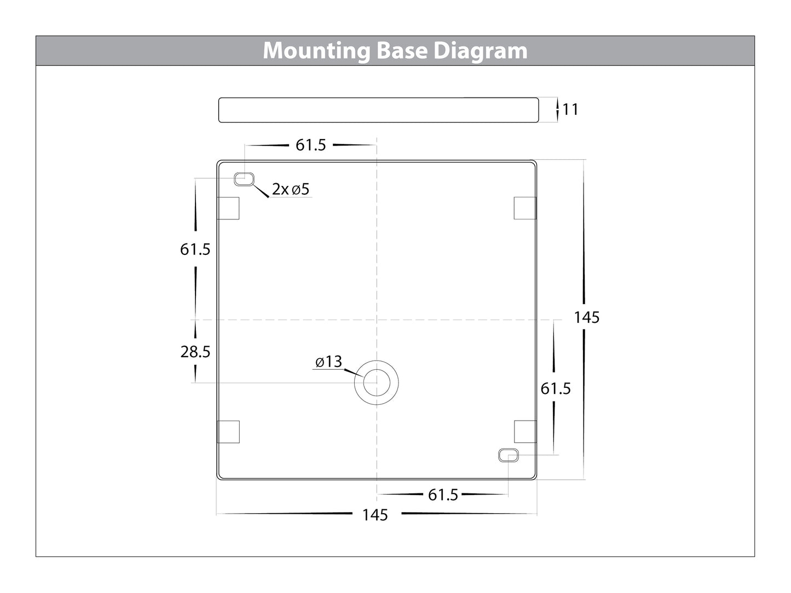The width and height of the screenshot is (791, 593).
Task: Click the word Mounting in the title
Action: [317, 51]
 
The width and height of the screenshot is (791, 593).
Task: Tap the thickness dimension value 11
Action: [570, 109]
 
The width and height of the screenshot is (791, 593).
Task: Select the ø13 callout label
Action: [328, 362]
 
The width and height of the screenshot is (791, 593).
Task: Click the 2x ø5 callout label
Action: [291, 189]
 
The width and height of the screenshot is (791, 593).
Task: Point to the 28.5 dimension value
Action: [195, 352]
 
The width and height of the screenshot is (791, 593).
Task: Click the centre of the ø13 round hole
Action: [376, 383]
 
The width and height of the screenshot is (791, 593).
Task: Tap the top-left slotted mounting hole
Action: [244, 179]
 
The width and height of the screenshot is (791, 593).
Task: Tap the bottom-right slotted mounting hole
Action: [508, 455]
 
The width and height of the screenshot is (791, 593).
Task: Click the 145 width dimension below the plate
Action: [375, 515]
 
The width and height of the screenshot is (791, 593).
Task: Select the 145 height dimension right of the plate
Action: [586, 317]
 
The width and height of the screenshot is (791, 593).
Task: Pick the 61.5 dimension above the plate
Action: [310, 145]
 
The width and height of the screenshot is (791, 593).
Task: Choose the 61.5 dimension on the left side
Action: [195, 249]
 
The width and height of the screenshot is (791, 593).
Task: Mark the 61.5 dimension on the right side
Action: [556, 388]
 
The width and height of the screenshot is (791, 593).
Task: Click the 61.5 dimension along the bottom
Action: [443, 495]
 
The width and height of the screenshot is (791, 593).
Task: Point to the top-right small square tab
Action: [524, 208]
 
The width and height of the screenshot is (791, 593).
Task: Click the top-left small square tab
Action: [228, 208]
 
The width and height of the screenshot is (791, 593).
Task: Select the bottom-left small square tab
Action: [228, 432]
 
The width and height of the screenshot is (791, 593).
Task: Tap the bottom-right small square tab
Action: [524, 432]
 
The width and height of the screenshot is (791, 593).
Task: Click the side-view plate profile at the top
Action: [378, 110]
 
